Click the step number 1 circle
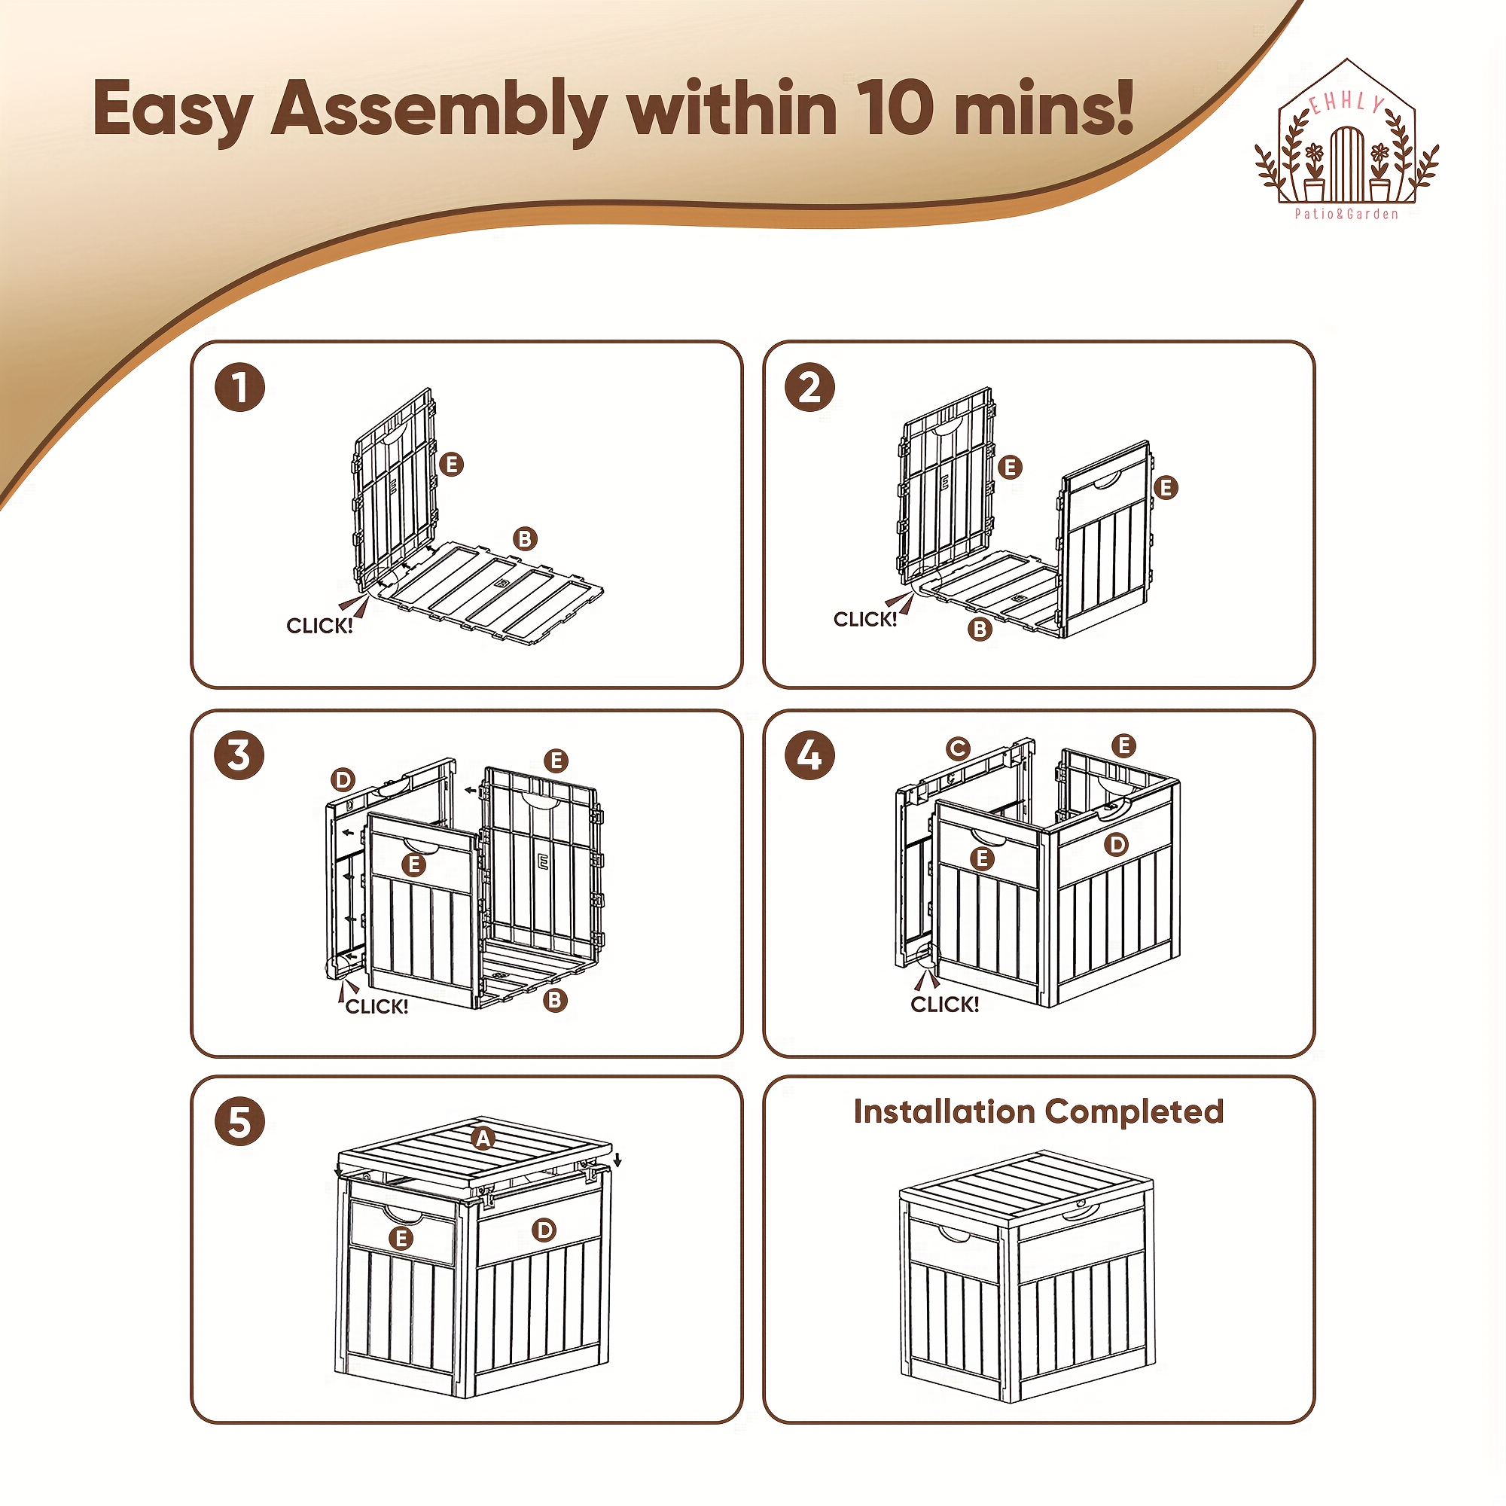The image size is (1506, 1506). point(240,387)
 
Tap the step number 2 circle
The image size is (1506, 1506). point(811,387)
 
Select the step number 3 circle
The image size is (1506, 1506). point(240,755)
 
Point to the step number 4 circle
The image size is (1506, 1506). point(811,755)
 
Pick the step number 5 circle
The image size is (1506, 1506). point(240,1123)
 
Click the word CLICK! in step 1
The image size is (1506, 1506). point(319,626)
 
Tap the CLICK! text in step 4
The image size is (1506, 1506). point(945,1004)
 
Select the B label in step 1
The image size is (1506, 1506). point(526,538)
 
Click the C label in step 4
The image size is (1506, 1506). point(958,749)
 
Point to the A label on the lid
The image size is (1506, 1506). point(484,1139)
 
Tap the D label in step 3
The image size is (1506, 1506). point(343,779)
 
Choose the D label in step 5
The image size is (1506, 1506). point(544,1230)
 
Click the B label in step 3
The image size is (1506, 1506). point(555,1000)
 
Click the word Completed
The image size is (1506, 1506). point(1134,1112)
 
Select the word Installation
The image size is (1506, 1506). point(945,1111)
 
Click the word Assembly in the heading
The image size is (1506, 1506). point(440,112)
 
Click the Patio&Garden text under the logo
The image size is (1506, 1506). point(1346,214)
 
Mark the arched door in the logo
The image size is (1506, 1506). point(1346,164)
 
